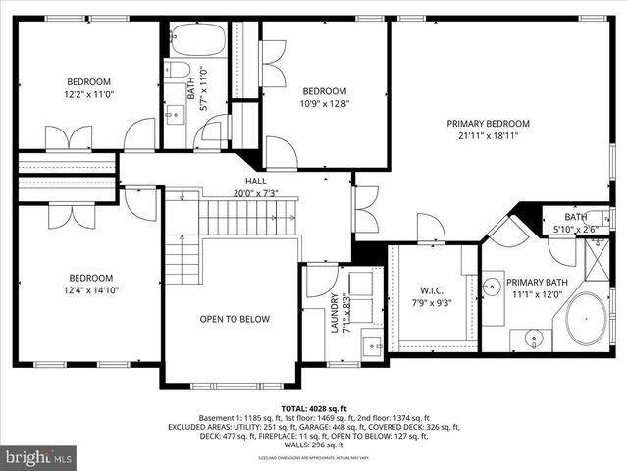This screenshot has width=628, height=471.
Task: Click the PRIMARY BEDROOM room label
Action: click(x=488, y=123)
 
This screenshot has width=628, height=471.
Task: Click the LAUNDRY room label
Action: click(x=335, y=313)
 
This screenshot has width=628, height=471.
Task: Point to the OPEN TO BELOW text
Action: click(x=231, y=319)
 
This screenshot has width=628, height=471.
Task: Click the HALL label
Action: click(x=255, y=182)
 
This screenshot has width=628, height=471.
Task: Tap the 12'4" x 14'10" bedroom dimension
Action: click(x=88, y=290)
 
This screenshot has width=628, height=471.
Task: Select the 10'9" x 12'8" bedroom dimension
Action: click(x=324, y=103)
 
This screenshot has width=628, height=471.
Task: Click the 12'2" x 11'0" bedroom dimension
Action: click(x=88, y=94)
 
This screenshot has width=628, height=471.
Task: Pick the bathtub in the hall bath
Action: click(x=196, y=40)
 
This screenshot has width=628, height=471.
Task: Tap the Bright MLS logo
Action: click(x=39, y=456)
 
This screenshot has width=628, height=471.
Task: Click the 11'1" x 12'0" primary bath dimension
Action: click(x=534, y=293)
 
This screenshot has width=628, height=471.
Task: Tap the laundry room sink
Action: click(x=372, y=344)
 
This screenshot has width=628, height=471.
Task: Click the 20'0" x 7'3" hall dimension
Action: click(x=255, y=193)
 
